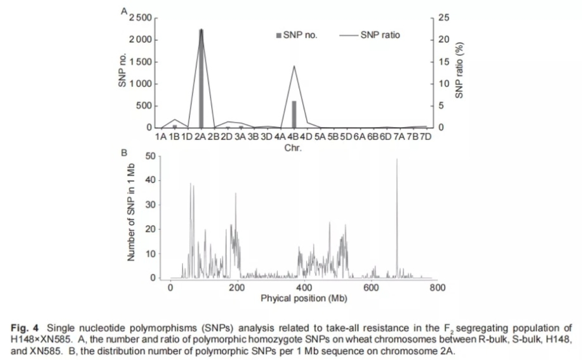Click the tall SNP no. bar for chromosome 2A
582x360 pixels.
201,79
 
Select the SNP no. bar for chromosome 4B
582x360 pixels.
294,114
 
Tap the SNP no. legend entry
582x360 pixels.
297,35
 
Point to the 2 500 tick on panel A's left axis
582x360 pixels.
141,19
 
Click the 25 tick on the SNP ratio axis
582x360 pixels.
444,18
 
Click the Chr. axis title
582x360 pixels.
293,148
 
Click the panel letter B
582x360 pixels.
124,152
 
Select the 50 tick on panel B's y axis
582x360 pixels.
149,156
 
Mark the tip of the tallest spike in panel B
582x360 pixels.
397,159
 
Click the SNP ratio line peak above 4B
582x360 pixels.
294,66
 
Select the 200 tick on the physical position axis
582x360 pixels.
237,288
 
